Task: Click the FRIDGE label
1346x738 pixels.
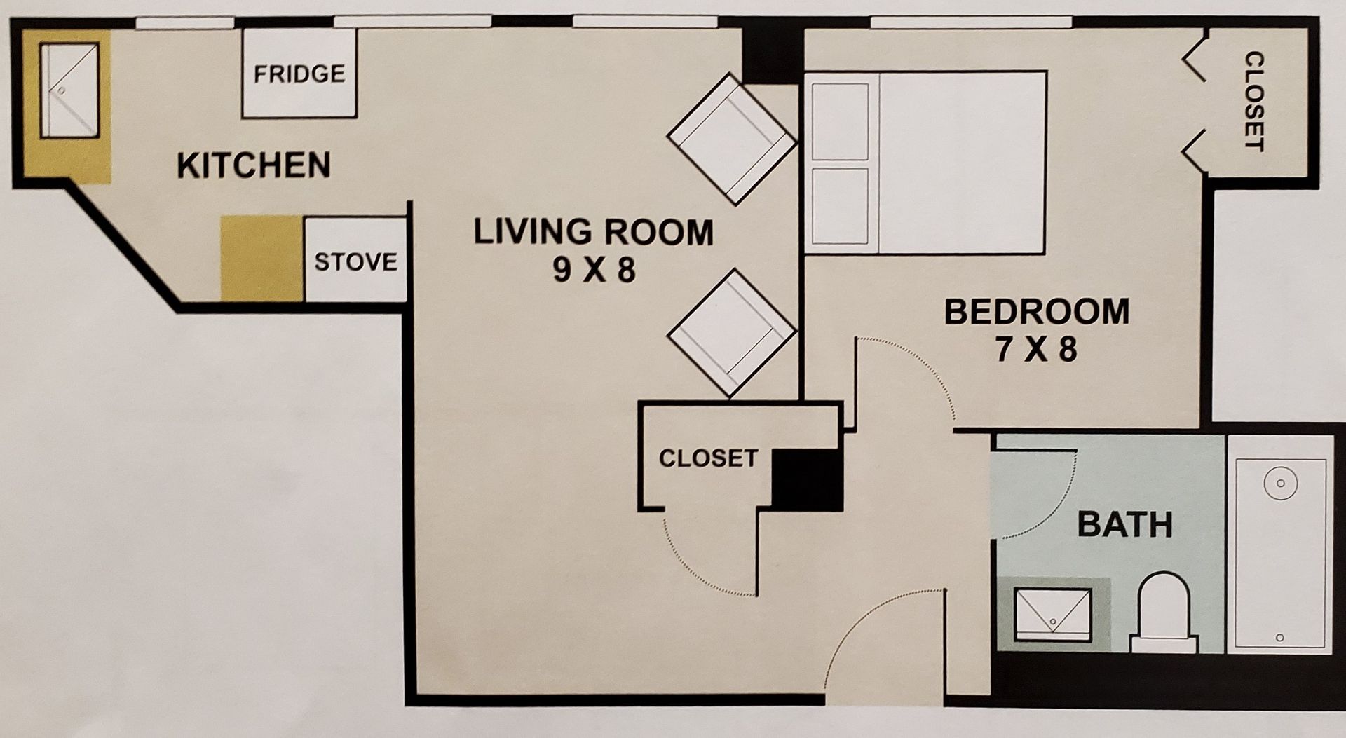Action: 299,74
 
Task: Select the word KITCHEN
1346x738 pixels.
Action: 254,165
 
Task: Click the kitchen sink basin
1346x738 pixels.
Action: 69,90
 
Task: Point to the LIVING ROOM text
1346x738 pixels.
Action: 593,232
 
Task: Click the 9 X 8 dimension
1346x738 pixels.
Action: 594,270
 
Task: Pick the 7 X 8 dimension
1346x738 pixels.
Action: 1036,349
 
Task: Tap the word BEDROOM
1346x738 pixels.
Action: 1037,312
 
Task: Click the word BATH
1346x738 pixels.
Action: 1125,524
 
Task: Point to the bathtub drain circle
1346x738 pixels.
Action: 1280,483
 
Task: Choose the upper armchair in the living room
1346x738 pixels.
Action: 732,139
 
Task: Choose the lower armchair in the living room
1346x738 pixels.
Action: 732,333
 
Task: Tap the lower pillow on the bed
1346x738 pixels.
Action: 840,206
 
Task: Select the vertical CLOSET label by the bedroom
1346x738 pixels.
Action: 1253,102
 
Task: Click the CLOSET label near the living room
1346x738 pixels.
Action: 709,458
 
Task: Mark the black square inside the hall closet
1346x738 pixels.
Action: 806,480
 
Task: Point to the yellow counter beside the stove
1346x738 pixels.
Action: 262,259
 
